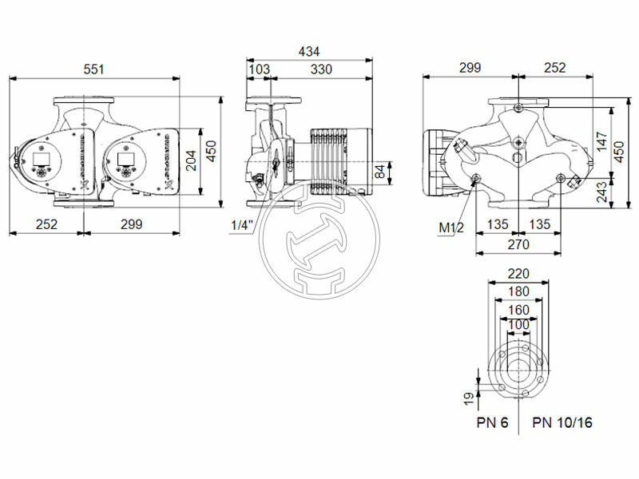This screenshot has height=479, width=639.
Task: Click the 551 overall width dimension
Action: (x=95, y=69)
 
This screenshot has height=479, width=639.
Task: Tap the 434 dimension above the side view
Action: (x=309, y=51)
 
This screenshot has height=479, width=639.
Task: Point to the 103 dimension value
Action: (x=259, y=69)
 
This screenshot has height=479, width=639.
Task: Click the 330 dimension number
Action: (x=320, y=69)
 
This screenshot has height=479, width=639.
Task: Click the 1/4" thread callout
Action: (x=241, y=225)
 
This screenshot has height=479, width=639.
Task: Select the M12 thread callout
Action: (x=451, y=228)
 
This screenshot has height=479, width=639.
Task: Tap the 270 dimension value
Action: (x=518, y=244)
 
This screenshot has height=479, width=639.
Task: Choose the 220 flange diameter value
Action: (x=518, y=274)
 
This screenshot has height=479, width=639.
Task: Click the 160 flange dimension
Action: (x=518, y=308)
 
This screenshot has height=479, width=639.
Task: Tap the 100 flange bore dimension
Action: (x=518, y=325)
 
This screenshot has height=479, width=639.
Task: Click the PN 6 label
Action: (x=493, y=422)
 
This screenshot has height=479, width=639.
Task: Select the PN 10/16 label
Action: (x=562, y=422)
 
